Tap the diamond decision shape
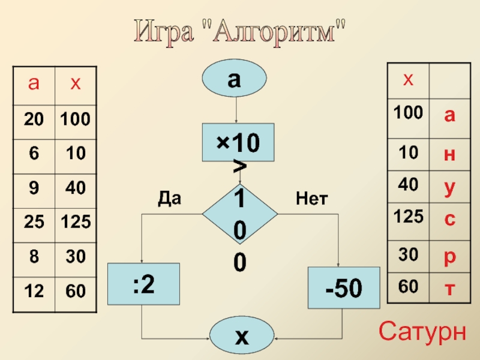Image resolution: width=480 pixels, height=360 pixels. click(x=239, y=213)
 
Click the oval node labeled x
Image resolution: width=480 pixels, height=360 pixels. click(x=241, y=337)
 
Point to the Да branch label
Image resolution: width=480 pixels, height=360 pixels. click(x=169, y=198)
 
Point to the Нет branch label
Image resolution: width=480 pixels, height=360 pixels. click(x=311, y=198)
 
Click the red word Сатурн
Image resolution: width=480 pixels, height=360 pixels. click(x=422, y=331)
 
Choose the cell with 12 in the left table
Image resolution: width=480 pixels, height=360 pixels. click(x=34, y=292)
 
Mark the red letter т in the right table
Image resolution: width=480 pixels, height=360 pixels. click(x=449, y=289)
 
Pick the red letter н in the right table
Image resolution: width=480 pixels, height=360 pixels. click(x=449, y=154)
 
